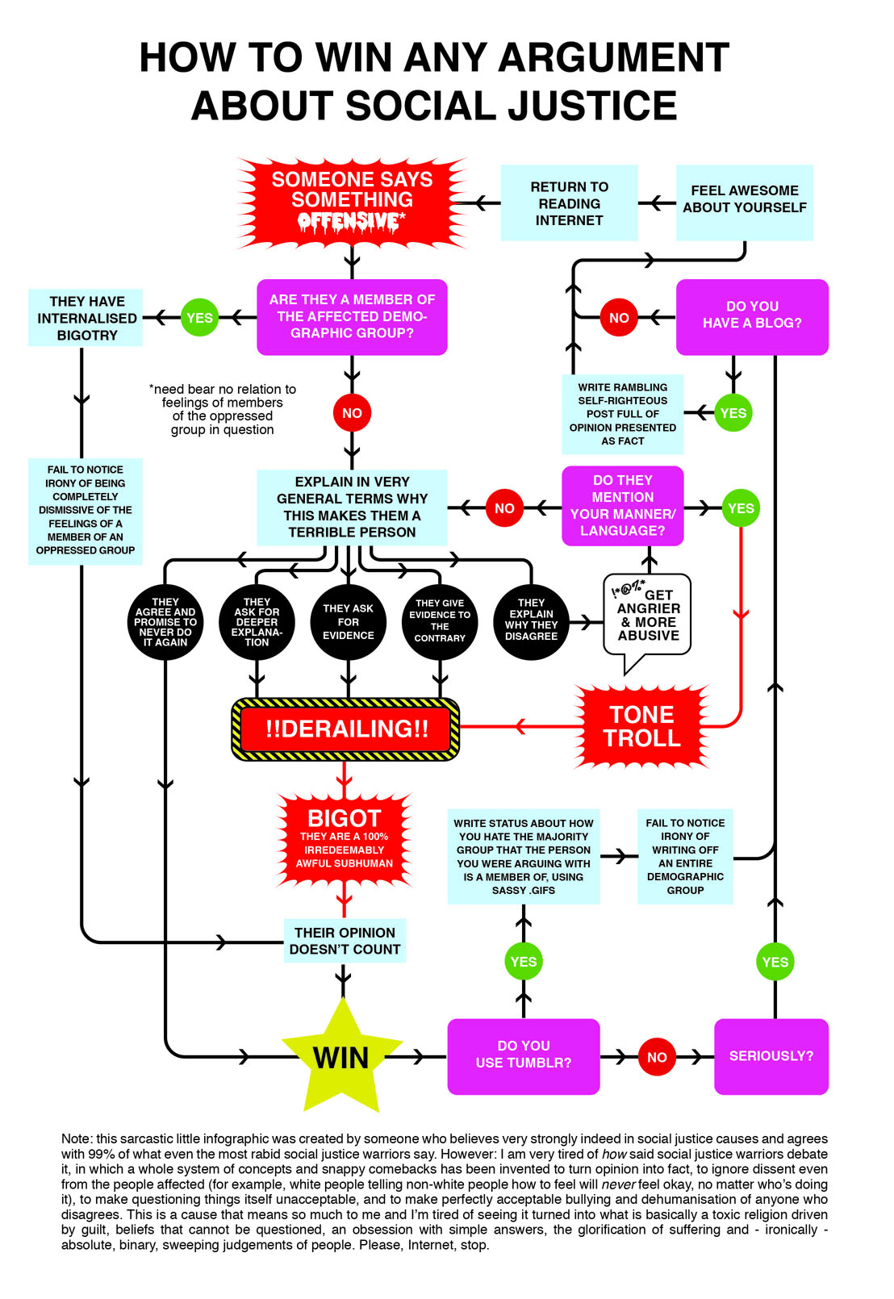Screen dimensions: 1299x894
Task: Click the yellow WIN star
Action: click(342, 1056)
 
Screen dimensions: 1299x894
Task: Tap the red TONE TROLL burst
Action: click(642, 726)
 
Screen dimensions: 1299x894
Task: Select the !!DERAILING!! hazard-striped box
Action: click(346, 729)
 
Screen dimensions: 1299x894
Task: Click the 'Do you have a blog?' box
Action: click(752, 316)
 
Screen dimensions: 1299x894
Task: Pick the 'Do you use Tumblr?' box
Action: click(523, 1055)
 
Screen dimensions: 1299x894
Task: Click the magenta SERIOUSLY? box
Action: click(771, 1055)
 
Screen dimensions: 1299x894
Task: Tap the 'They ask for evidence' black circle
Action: click(348, 622)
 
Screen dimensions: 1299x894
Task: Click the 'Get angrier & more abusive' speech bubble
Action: click(648, 617)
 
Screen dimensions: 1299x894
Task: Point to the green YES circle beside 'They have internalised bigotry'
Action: click(199, 317)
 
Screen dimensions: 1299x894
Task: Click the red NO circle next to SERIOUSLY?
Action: click(657, 1056)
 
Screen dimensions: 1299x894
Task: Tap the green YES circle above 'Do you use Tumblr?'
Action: click(523, 961)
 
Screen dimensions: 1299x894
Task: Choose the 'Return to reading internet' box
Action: click(569, 203)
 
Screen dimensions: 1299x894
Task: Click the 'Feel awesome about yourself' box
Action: click(744, 200)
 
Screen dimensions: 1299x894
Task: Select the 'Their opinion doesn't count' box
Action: click(345, 941)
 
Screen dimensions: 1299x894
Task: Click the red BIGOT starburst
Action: click(345, 839)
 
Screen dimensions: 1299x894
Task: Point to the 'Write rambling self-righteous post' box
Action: click(622, 414)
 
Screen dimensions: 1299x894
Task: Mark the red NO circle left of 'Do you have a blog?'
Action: click(619, 317)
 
